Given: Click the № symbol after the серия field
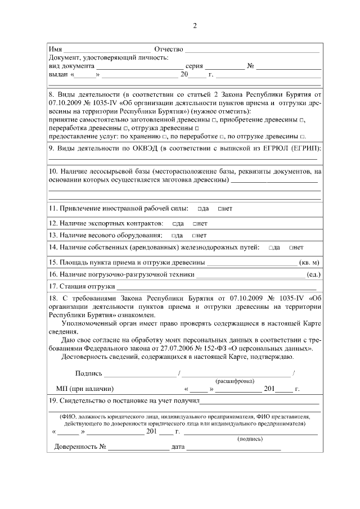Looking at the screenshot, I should (251, 65).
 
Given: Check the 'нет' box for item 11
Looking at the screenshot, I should (220, 209).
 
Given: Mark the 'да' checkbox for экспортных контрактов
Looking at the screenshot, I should (175, 223).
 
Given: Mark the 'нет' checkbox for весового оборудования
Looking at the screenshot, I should (194, 235).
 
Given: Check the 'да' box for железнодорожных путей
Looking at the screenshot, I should (271, 247).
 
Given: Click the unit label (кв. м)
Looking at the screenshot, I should (310, 262).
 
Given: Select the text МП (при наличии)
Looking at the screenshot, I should (85, 389).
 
